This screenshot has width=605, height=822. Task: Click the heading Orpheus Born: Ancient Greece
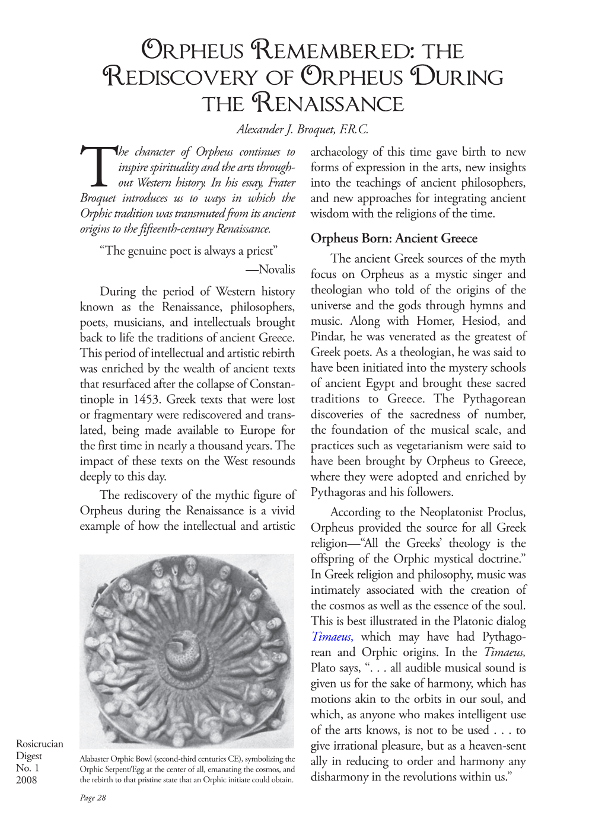coord(394,238)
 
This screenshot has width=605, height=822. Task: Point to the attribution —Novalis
coord(270,270)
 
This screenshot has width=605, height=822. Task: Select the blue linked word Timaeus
coord(332,637)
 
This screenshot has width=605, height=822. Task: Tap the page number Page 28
coord(93,798)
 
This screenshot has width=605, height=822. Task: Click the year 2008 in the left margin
coord(26,780)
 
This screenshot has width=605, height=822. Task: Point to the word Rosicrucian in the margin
coord(39,744)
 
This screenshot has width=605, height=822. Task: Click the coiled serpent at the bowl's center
coord(186,650)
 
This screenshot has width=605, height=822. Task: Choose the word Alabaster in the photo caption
coord(95,759)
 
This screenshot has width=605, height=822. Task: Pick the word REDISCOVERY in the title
coord(181,78)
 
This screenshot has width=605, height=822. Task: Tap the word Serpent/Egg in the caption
coord(122,769)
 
